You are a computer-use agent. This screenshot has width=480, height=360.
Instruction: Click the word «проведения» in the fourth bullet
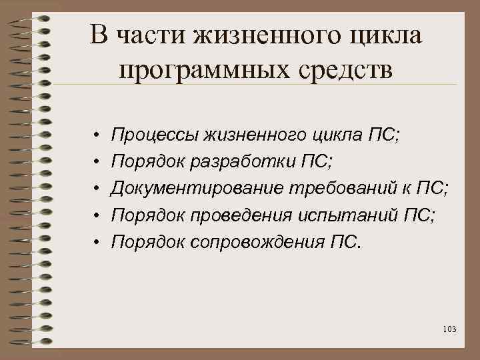[236, 214]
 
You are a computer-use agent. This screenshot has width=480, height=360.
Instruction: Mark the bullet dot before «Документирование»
[97, 188]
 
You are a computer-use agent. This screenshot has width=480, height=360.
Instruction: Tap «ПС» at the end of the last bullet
[343, 241]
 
